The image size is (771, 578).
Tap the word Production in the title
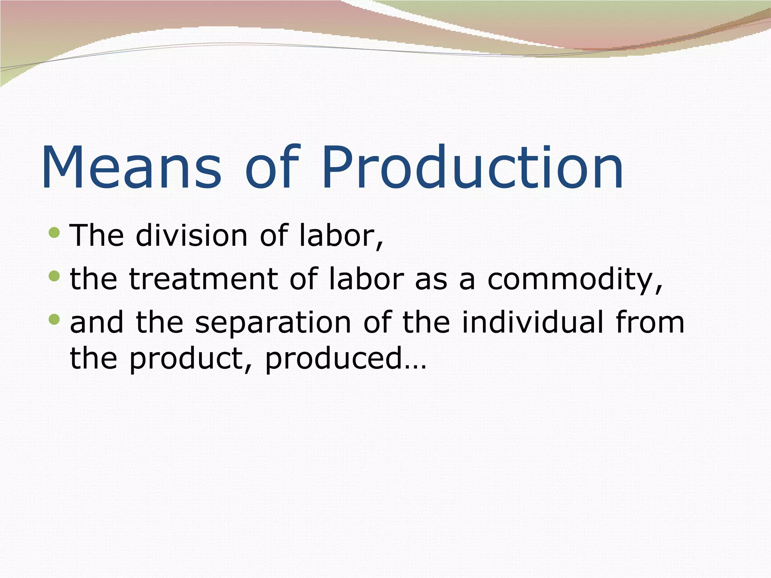point(472,167)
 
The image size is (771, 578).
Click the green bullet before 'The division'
point(55,232)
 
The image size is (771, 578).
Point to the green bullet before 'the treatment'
point(55,276)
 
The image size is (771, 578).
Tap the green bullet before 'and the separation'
point(55,319)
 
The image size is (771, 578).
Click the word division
point(191,236)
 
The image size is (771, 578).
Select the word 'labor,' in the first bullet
point(341,236)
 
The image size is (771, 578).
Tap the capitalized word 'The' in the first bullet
point(97,236)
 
